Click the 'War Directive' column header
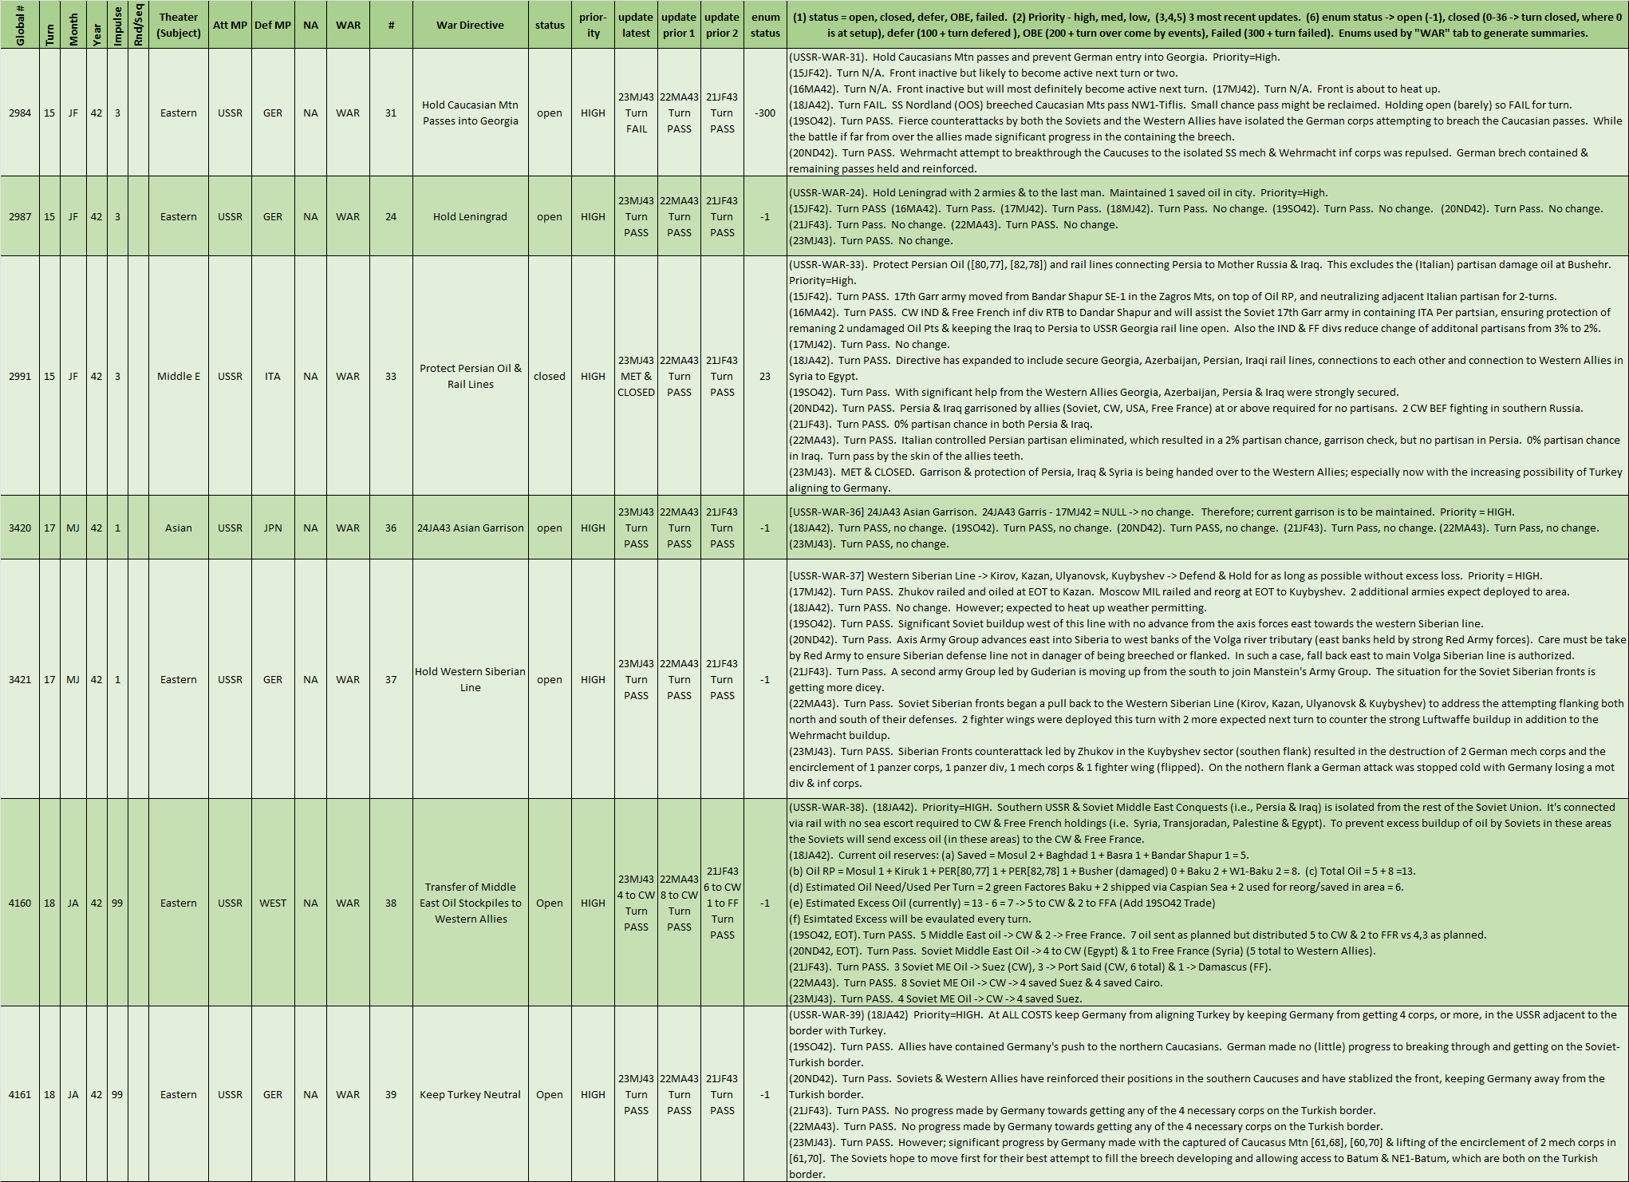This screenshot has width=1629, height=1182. pyautogui.click(x=470, y=25)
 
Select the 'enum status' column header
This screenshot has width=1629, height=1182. pyautogui.click(x=765, y=25)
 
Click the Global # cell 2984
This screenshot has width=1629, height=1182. pyautogui.click(x=20, y=113)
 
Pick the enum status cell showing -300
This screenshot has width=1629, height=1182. pyautogui.click(x=765, y=113)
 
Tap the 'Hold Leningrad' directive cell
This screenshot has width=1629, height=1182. pyautogui.click(x=470, y=216)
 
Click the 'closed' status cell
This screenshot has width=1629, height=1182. pyautogui.click(x=550, y=376)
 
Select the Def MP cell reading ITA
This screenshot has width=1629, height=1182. pyautogui.click(x=273, y=376)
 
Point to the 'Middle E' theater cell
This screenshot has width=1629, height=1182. pyautogui.click(x=179, y=376)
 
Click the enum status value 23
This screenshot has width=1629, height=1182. pyautogui.click(x=765, y=376)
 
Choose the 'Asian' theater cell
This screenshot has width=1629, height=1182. pyautogui.click(x=179, y=528)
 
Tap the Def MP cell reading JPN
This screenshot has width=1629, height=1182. pyautogui.click(x=273, y=528)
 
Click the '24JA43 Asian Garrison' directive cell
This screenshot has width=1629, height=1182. pyautogui.click(x=470, y=528)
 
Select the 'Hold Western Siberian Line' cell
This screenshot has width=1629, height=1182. pyautogui.click(x=470, y=679)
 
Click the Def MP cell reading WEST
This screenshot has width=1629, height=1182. pyautogui.click(x=273, y=903)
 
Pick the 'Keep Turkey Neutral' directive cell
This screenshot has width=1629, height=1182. pyautogui.click(x=470, y=1094)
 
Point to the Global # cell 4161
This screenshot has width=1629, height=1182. pyautogui.click(x=20, y=1094)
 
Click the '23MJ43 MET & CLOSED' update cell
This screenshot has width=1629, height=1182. pyautogui.click(x=636, y=376)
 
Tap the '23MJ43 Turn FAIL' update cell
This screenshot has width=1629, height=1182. pyautogui.click(x=636, y=113)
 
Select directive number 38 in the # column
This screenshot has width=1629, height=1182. pyautogui.click(x=391, y=903)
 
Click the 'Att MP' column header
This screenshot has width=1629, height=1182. pyautogui.click(x=230, y=25)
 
